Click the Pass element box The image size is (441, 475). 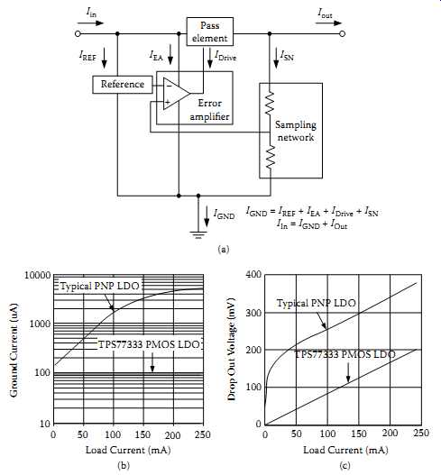pyautogui.click(x=210, y=32)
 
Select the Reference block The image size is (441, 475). pyautogui.click(x=123, y=85)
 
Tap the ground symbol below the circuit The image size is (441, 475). pyautogui.click(x=198, y=235)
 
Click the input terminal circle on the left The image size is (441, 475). pyautogui.click(x=78, y=33)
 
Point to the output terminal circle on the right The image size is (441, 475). pyautogui.click(x=342, y=33)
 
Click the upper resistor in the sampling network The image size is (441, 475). pyautogui.click(x=270, y=103)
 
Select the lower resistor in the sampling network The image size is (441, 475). pyautogui.click(x=270, y=156)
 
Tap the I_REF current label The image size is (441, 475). pyautogui.click(x=87, y=56)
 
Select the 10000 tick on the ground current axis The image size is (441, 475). pyautogui.click(x=37, y=276)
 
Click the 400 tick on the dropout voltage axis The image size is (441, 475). pyautogui.click(x=254, y=275)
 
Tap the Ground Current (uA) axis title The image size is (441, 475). pyautogui.click(x=14, y=350)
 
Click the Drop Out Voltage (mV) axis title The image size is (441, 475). pyautogui.click(x=232, y=350)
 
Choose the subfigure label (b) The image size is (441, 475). pyautogui.click(x=124, y=465)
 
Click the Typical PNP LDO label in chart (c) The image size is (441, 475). pyautogui.click(x=317, y=303)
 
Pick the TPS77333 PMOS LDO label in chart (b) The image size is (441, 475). pyautogui.click(x=149, y=344)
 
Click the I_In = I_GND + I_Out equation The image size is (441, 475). pyautogui.click(x=312, y=224)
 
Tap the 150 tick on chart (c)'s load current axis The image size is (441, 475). pyautogui.click(x=359, y=434)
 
